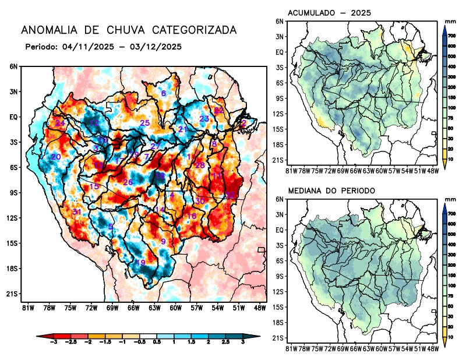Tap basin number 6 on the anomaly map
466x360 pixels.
click(164, 93)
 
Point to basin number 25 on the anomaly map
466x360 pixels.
click(145, 123)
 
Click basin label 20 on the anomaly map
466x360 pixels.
click(56, 157)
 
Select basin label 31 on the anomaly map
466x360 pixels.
click(76, 211)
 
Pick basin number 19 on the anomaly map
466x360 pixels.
click(140, 263)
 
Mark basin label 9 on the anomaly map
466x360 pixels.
click(164, 242)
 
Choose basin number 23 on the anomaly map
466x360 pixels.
click(204, 119)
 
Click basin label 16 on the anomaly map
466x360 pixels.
click(191, 217)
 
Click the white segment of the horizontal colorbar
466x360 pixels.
click(148, 336)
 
